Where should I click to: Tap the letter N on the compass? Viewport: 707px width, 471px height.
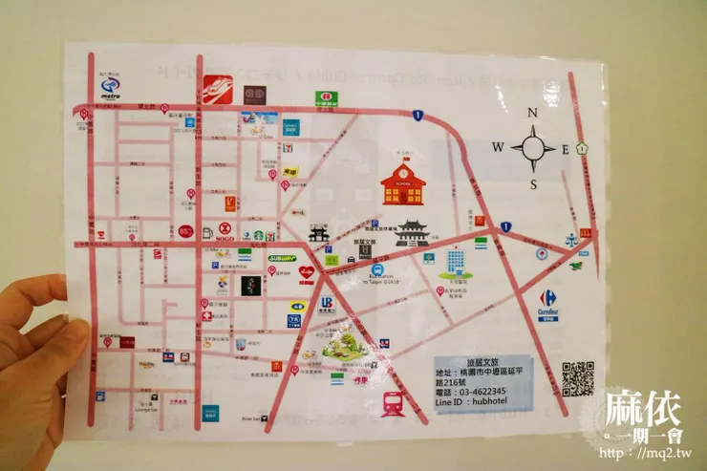[x=533, y=113]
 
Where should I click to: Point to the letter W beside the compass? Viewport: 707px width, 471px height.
[x=498, y=147]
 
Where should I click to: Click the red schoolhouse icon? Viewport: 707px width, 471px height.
[x=403, y=183]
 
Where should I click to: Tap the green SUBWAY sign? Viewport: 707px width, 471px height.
[x=283, y=258]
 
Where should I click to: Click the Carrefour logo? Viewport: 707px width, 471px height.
[x=548, y=305]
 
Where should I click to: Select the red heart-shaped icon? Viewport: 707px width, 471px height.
[x=307, y=272]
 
